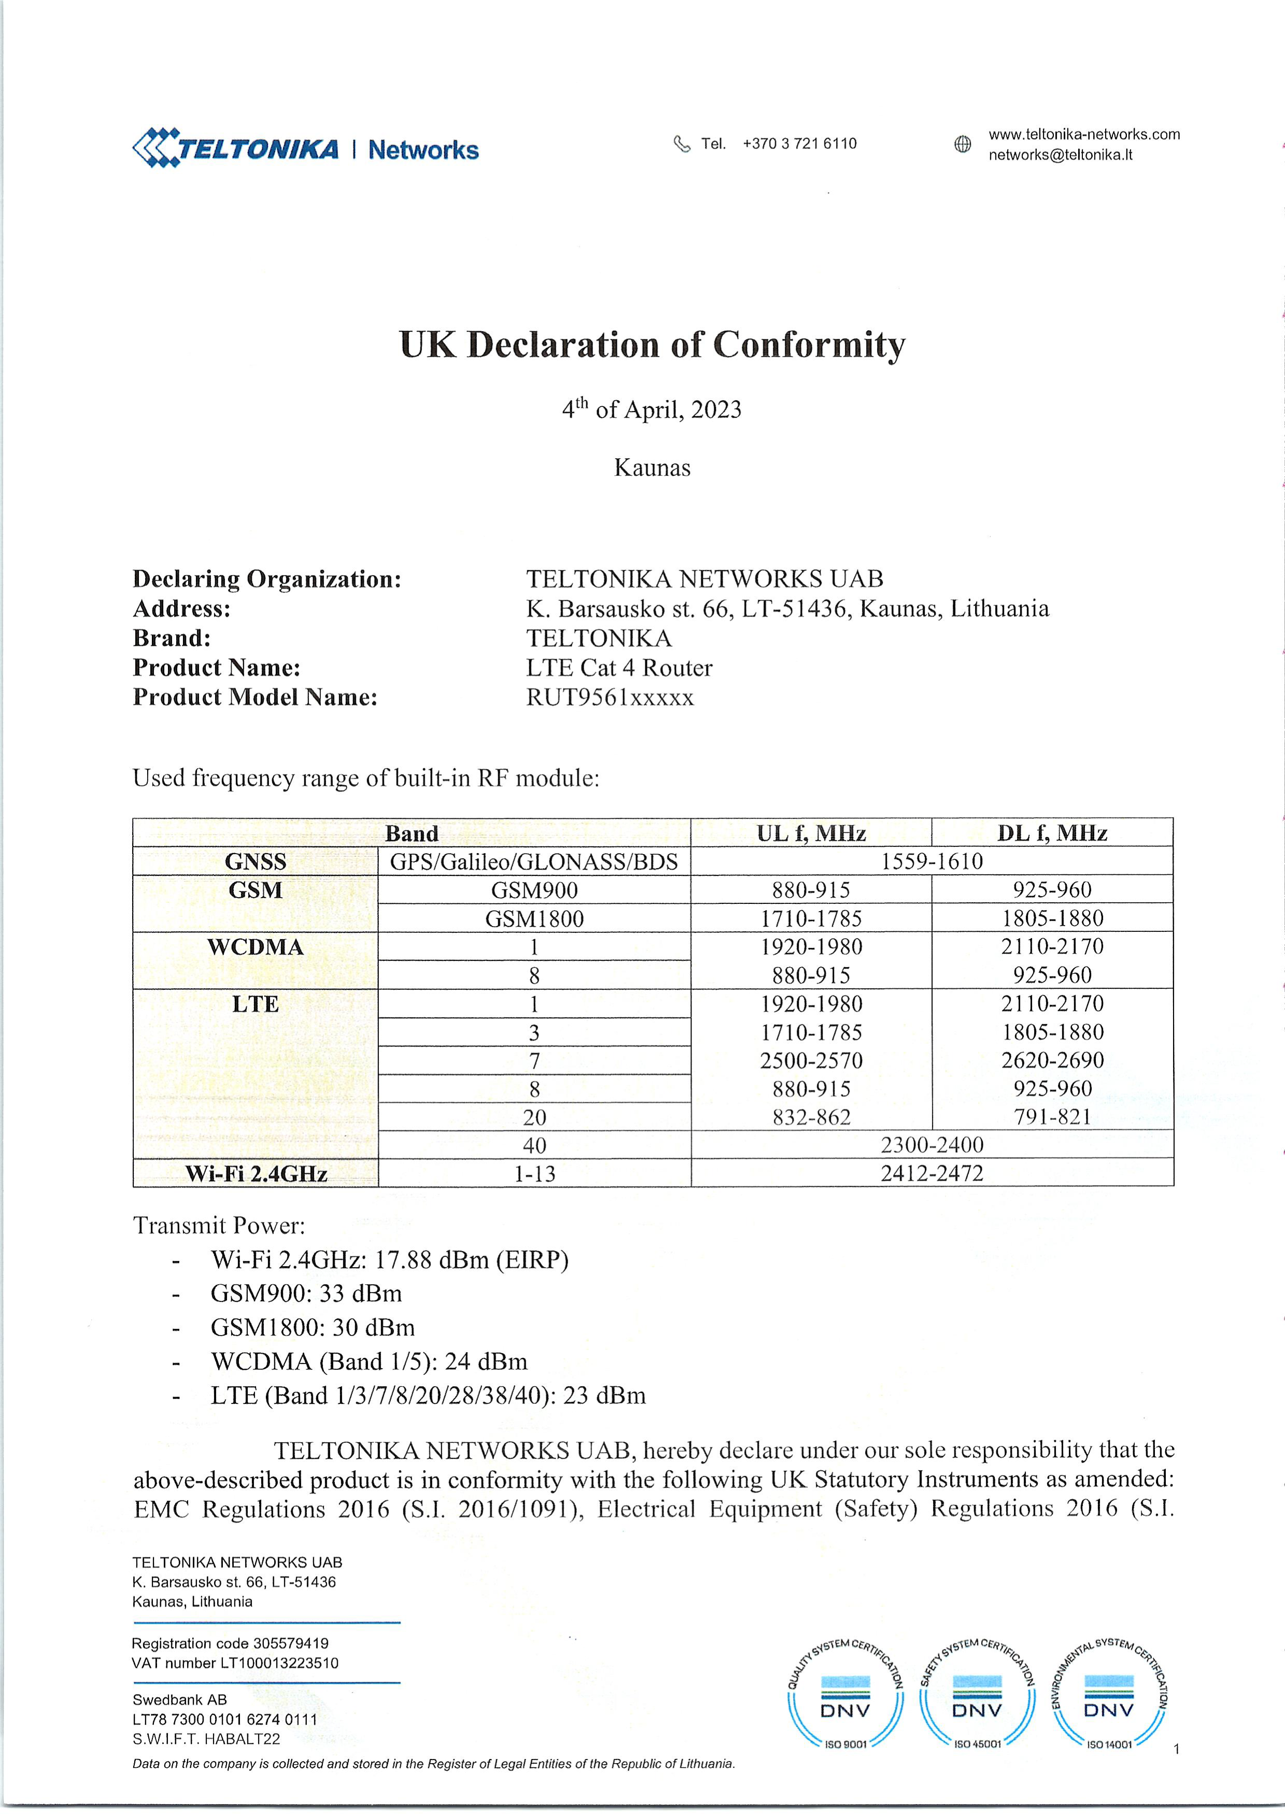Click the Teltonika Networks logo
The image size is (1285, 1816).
pos(305,149)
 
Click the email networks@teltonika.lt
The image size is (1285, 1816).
pos(1060,155)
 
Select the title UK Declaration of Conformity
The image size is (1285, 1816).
pos(652,345)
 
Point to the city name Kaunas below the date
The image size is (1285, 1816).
pos(652,467)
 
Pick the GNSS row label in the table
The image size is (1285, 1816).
pos(255,861)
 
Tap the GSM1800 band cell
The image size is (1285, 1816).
pos(534,919)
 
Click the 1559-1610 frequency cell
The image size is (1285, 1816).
pos(931,861)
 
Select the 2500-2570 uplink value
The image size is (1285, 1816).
pos(811,1061)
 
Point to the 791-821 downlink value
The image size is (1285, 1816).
pos(1052,1117)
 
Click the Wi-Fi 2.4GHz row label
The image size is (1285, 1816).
pos(256,1174)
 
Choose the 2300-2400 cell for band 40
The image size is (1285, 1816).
pos(931,1145)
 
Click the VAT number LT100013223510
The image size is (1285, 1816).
pos(235,1663)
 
